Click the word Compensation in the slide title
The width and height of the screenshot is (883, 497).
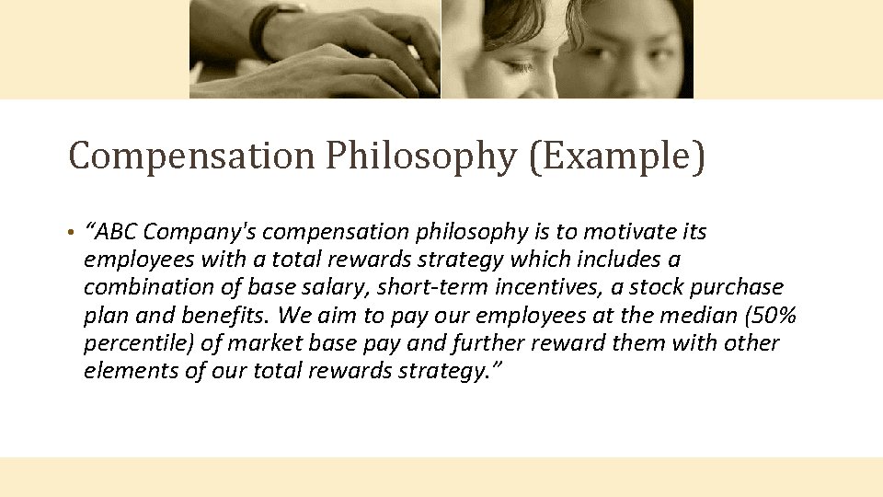[x=191, y=156]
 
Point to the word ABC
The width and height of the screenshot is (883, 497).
[x=119, y=231]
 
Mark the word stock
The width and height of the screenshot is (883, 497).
[x=659, y=287]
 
